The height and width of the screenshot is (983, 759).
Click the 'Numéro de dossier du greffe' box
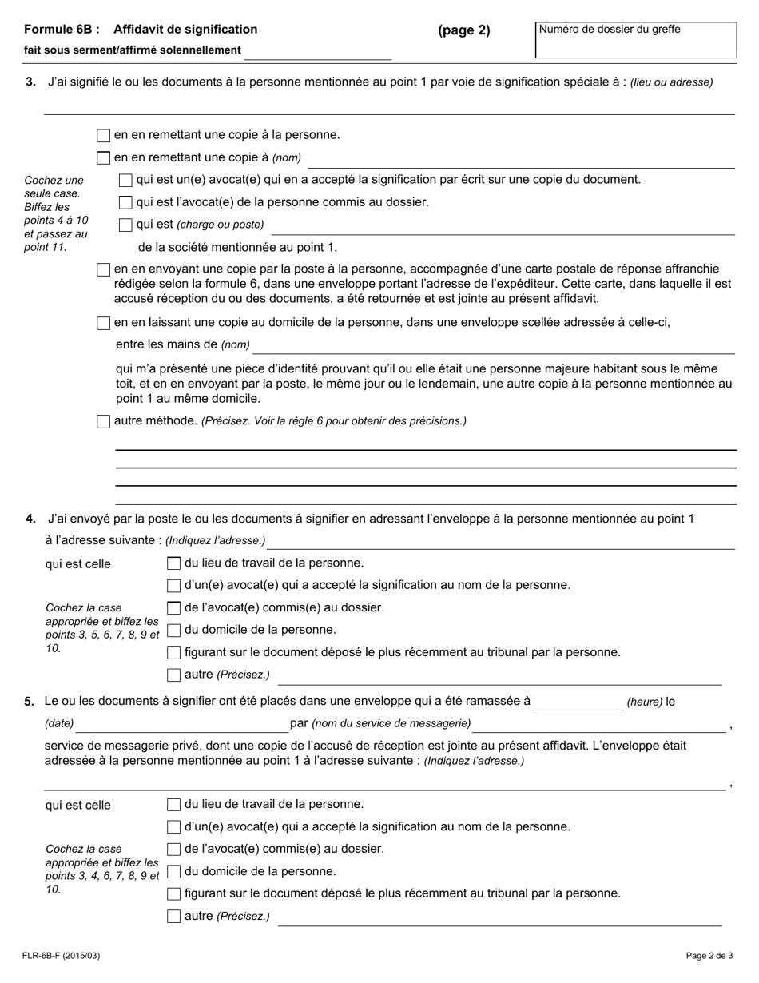(x=635, y=40)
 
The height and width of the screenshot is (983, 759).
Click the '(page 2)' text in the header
(x=463, y=30)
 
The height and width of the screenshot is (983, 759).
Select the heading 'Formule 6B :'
(x=62, y=30)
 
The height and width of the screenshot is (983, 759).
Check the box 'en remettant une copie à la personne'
(x=103, y=136)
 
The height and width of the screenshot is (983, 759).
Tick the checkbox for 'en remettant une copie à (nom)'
(x=103, y=158)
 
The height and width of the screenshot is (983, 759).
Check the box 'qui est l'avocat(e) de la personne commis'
(x=125, y=203)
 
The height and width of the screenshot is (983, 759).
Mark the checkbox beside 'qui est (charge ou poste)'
(x=125, y=225)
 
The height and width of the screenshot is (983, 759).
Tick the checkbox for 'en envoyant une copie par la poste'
(x=103, y=269)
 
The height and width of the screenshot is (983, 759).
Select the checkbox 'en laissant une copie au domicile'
(x=103, y=324)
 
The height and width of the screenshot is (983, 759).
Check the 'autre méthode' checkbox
(x=103, y=421)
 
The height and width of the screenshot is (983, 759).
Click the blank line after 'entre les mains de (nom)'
(x=494, y=345)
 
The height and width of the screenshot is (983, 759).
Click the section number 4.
(x=30, y=519)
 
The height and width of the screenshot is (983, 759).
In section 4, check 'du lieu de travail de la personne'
(x=173, y=563)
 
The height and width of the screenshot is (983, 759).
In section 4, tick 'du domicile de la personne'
(x=173, y=631)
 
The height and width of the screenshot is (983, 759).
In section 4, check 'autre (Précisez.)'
(x=173, y=675)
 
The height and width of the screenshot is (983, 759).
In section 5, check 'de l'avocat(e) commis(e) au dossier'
(x=173, y=850)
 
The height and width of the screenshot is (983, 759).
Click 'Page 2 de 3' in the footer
(x=709, y=955)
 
